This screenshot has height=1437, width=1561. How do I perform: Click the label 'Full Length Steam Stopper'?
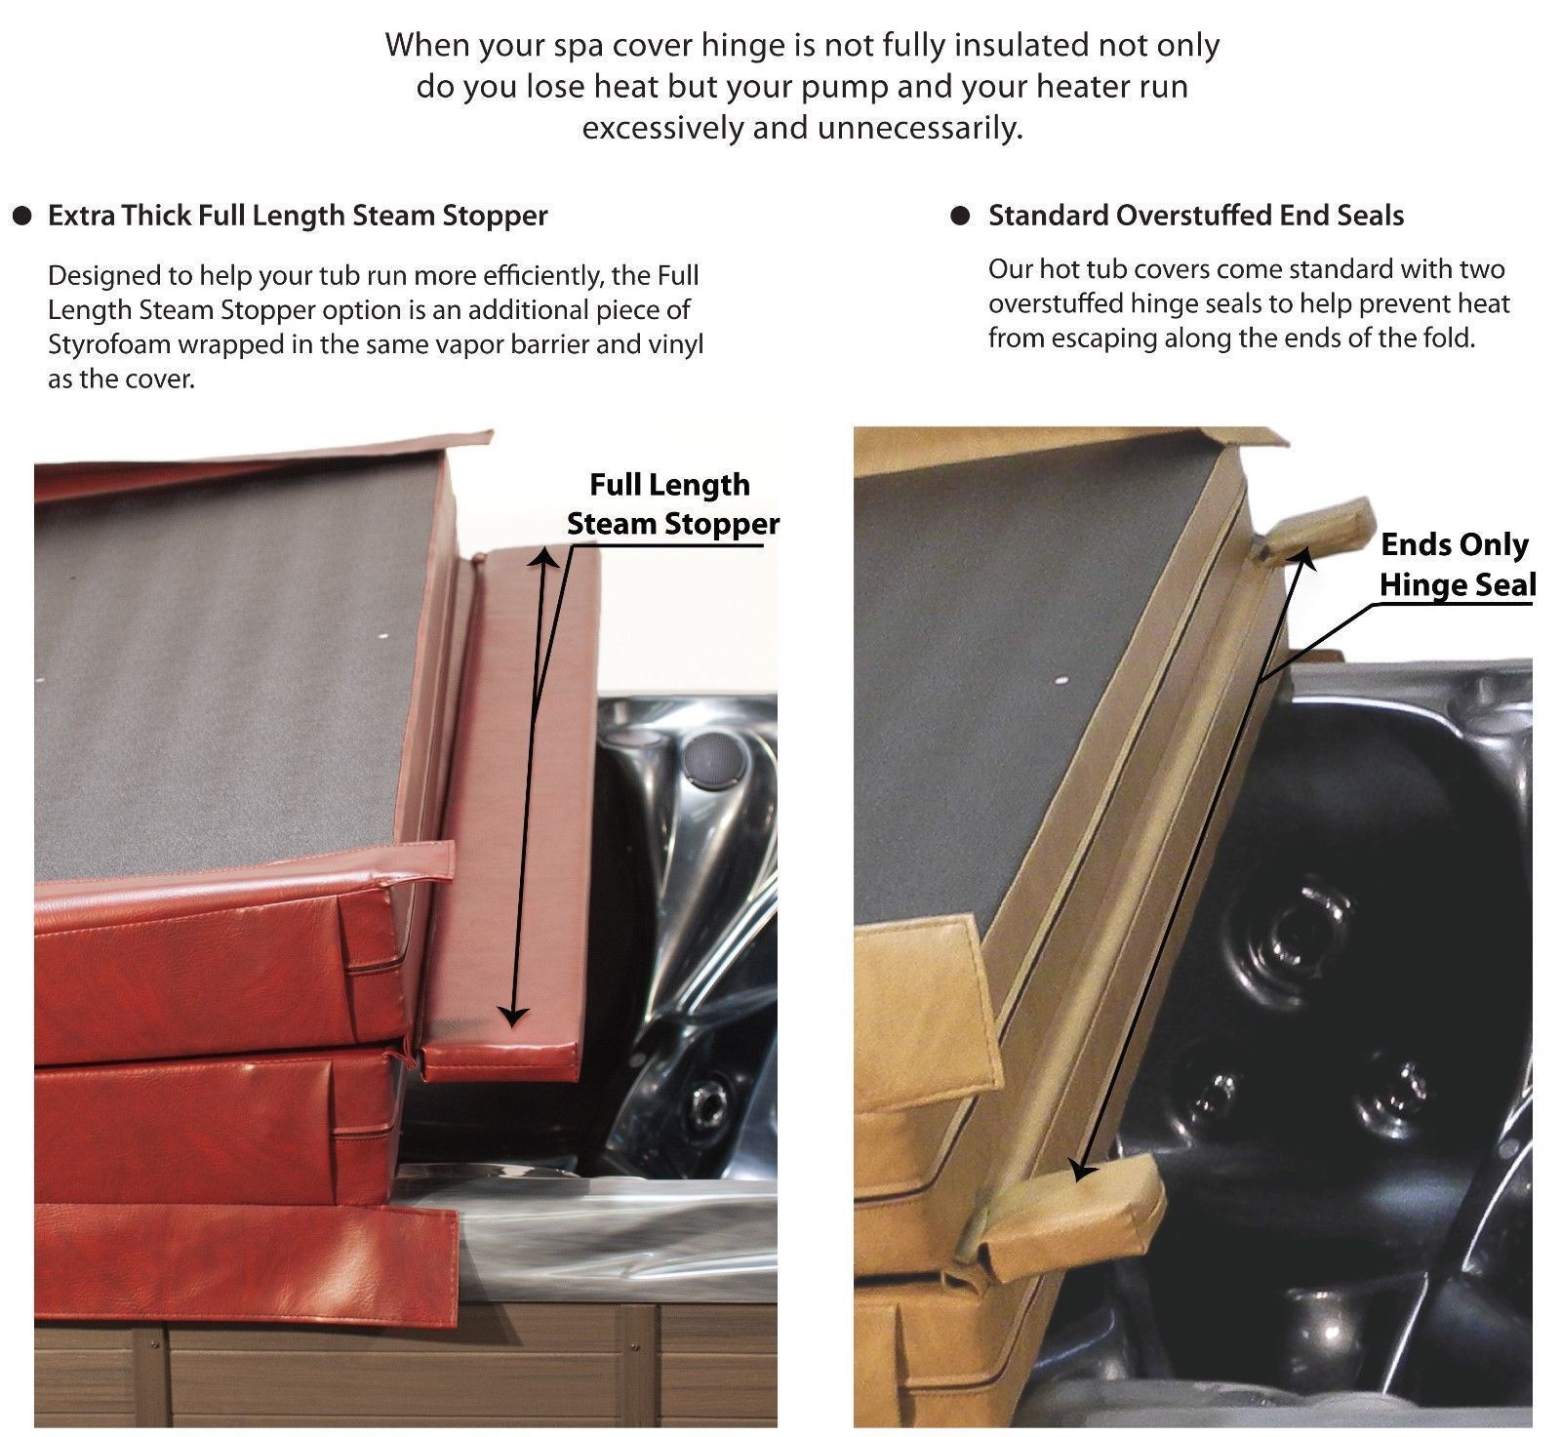point(672,504)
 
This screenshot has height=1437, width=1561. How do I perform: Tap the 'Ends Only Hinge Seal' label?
point(1457,565)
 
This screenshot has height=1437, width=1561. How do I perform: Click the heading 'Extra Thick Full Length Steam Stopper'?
point(298,216)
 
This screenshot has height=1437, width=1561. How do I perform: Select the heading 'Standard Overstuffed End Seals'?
point(1196,216)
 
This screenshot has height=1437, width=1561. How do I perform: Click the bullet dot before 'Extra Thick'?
point(20,217)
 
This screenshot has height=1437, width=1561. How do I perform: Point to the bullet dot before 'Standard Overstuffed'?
point(961,217)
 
